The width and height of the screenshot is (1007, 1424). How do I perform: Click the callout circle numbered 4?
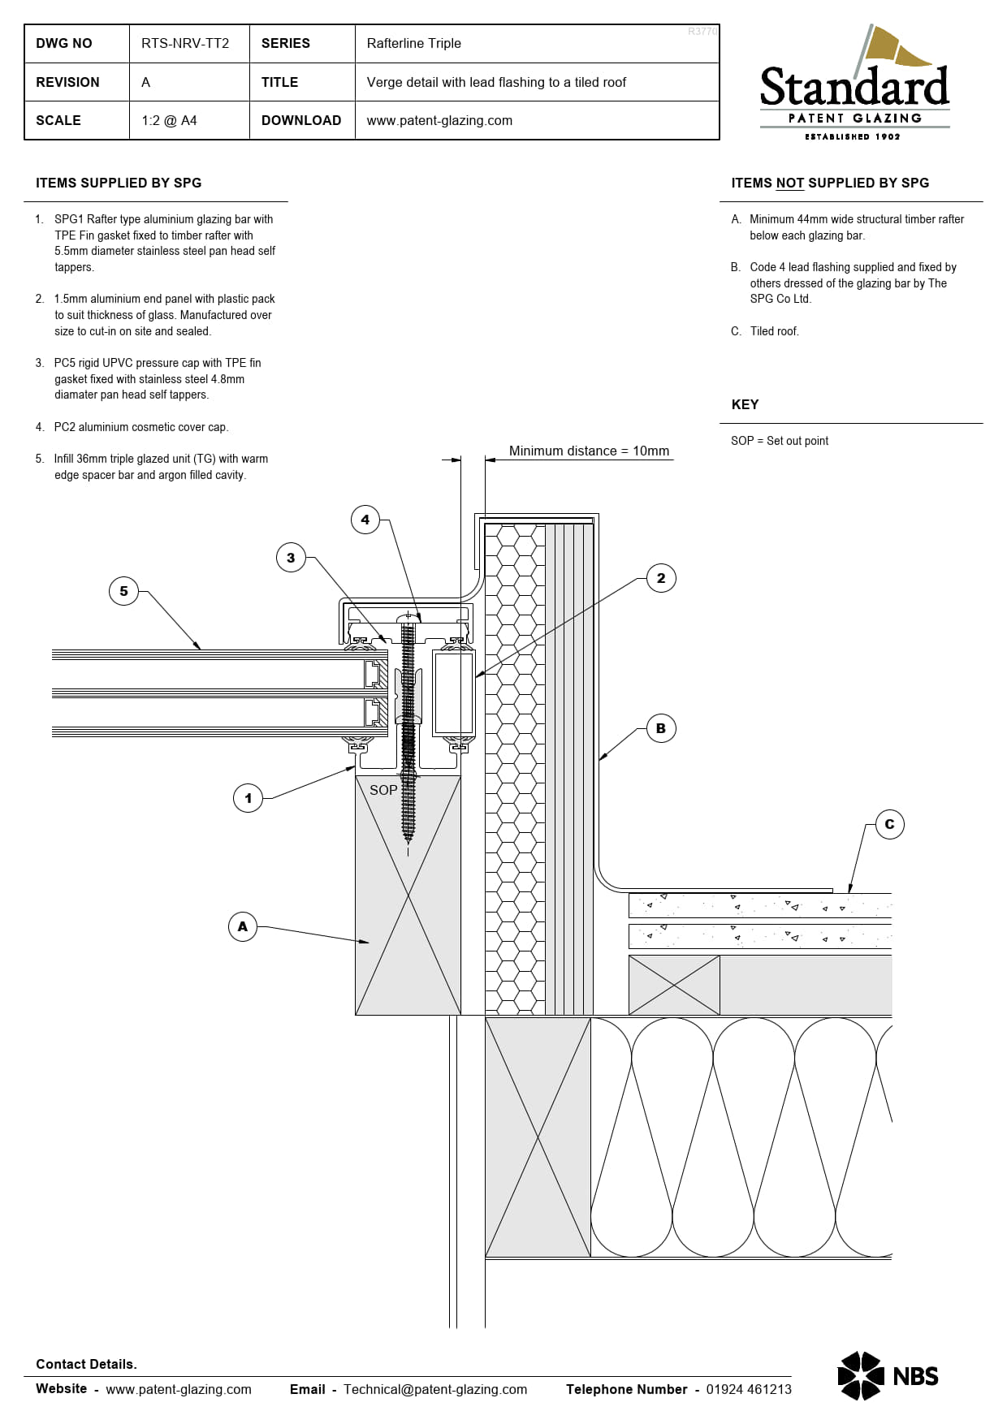pyautogui.click(x=365, y=520)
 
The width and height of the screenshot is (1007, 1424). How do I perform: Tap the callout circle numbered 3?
pyautogui.click(x=291, y=558)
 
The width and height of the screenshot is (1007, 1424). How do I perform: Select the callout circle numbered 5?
pyautogui.click(x=123, y=591)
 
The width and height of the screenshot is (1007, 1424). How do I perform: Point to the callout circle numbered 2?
pyautogui.click(x=661, y=578)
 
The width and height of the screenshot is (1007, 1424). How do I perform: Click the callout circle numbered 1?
pyautogui.click(x=249, y=798)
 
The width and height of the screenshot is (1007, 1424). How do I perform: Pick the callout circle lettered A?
pyautogui.click(x=243, y=926)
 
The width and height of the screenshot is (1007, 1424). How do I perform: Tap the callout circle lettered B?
pyautogui.click(x=661, y=728)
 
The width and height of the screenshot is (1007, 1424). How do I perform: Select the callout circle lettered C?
pyautogui.click(x=889, y=824)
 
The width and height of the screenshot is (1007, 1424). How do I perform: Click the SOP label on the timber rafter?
pyautogui.click(x=383, y=790)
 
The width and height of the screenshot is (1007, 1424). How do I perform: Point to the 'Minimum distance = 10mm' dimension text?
pyautogui.click(x=589, y=451)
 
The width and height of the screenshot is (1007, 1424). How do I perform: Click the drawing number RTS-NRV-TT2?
pyautogui.click(x=185, y=43)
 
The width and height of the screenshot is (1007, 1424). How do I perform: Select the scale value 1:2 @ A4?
pyautogui.click(x=169, y=120)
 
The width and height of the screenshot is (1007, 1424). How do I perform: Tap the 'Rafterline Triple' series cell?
pyautogui.click(x=413, y=43)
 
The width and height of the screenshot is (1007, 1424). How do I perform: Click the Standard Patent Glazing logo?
pyautogui.click(x=854, y=83)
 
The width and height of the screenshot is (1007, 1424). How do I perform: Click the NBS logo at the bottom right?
pyautogui.click(x=888, y=1375)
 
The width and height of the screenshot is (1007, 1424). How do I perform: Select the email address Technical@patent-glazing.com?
pyautogui.click(x=435, y=1389)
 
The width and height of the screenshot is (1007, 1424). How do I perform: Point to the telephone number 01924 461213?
pyautogui.click(x=749, y=1389)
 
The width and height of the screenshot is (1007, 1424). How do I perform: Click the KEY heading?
pyautogui.click(x=745, y=404)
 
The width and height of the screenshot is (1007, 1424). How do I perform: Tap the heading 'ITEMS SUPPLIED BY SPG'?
pyautogui.click(x=119, y=183)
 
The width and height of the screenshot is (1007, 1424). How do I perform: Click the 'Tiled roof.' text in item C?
pyautogui.click(x=775, y=331)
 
